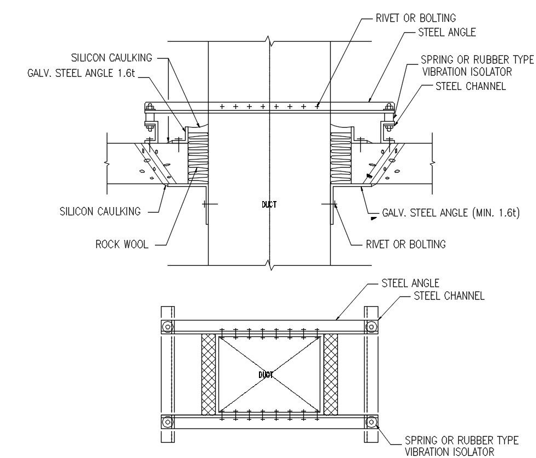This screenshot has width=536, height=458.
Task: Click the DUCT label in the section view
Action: click(269, 204)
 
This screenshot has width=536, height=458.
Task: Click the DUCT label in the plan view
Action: click(266, 375)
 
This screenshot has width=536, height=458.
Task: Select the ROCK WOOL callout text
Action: click(122, 244)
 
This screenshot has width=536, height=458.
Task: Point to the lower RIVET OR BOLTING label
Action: click(406, 244)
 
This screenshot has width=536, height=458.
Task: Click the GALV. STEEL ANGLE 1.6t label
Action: click(80, 73)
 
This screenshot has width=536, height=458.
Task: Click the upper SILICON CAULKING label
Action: click(112, 58)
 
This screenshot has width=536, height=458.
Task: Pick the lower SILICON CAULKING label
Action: click(100, 211)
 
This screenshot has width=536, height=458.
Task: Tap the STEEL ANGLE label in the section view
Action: click(447, 32)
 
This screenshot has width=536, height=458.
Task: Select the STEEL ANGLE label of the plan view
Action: click(410, 283)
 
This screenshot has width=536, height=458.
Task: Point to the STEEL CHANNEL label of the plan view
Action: click(449, 296)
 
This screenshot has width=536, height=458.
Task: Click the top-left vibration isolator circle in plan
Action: click(168, 327)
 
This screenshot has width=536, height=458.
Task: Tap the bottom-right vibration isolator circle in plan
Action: click(371, 422)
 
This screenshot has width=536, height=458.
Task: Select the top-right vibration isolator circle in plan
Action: click(371, 327)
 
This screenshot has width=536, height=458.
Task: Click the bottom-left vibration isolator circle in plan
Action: click(168, 422)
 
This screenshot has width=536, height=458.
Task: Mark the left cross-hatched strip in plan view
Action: click(209, 375)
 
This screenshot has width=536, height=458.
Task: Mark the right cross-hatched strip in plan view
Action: click(331, 375)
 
